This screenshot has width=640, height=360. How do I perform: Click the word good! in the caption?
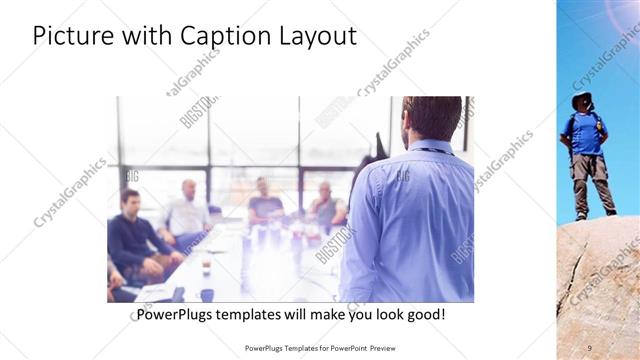point(423,314)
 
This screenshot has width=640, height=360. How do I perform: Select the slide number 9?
point(589,347)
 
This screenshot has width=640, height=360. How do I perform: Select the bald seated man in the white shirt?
point(186,210)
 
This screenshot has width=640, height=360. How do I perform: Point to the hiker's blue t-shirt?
point(586,133)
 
